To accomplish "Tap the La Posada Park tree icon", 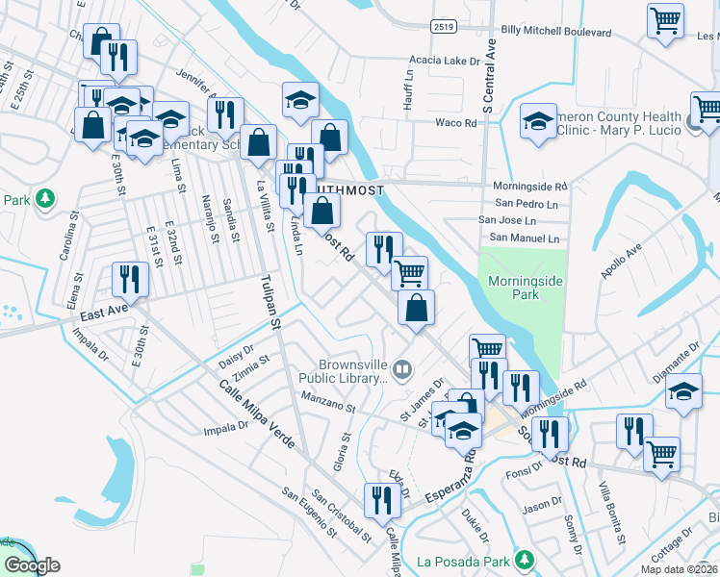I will pyautogui.click(x=525, y=559).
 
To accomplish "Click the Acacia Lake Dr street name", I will pyautogui.click(x=444, y=60).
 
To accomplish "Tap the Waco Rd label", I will pyautogui.click(x=456, y=123).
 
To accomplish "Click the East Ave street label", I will pyautogui.click(x=104, y=314).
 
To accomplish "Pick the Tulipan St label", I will pyautogui.click(x=273, y=303).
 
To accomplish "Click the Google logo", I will pyautogui.click(x=32, y=564).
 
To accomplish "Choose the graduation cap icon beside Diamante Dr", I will pyautogui.click(x=683, y=392).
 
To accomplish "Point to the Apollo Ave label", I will pyautogui.click(x=622, y=262).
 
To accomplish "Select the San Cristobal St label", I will pyautogui.click(x=341, y=514).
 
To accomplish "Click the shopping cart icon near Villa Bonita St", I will pyautogui.click(x=661, y=453).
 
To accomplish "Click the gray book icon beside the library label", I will pyautogui.click(x=402, y=366).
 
